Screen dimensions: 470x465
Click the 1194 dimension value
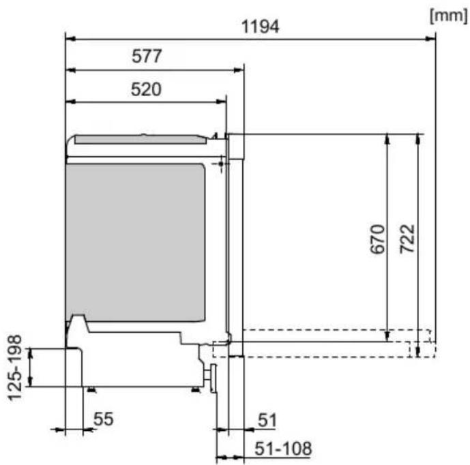tap(260, 27)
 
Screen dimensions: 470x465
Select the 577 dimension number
tap(147, 56)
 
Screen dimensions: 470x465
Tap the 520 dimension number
tap(146, 89)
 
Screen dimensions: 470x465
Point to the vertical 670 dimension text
tap(377, 239)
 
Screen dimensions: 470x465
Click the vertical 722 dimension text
tap(407, 239)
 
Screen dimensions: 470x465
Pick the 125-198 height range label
tap(15, 367)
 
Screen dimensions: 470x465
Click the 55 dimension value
tap(104, 419)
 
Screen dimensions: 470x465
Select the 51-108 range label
tap(283, 449)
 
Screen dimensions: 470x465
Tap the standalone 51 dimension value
tap(267, 420)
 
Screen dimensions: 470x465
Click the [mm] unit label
tap(448, 15)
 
